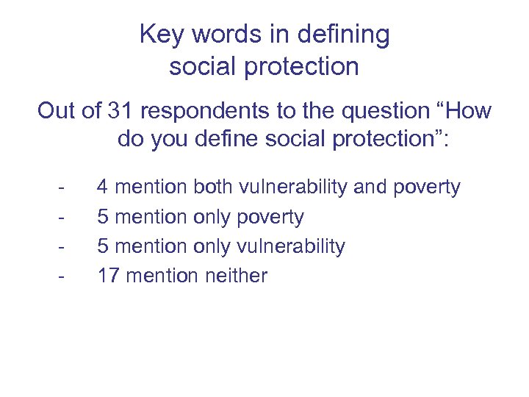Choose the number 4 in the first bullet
(103, 187)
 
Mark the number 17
(109, 276)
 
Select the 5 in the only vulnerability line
(103, 246)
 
